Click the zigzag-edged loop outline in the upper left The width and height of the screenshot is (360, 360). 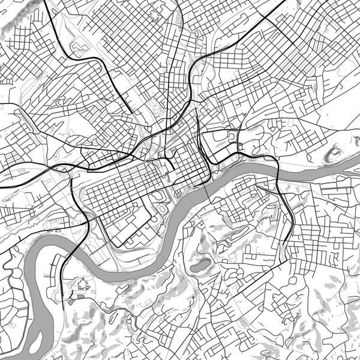point(79,46)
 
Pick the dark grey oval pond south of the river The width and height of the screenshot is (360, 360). point(200,264)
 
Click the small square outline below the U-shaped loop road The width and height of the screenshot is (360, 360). point(241,148)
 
